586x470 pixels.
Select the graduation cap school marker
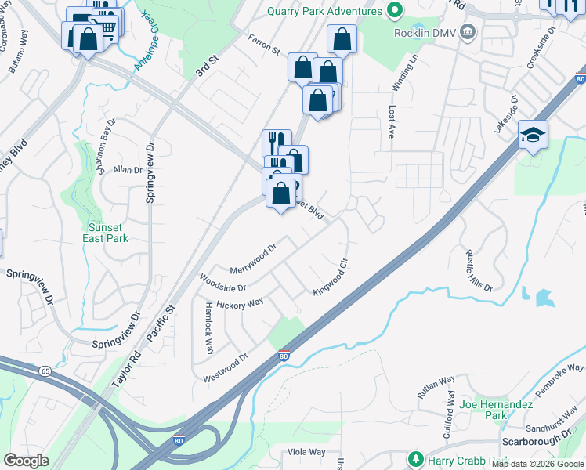coord(533,136)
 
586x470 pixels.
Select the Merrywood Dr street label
coord(253,258)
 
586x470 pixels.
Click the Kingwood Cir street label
coord(330,277)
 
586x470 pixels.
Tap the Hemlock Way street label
coord(209,328)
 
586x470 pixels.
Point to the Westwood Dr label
coord(225,367)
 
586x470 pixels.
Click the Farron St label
coord(264,44)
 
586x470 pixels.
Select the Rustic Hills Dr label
coord(479,270)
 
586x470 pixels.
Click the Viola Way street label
coord(306,452)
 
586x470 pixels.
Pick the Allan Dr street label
coord(127,169)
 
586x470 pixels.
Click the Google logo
coord(26,461)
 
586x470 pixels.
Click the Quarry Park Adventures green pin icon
coord(395,11)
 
